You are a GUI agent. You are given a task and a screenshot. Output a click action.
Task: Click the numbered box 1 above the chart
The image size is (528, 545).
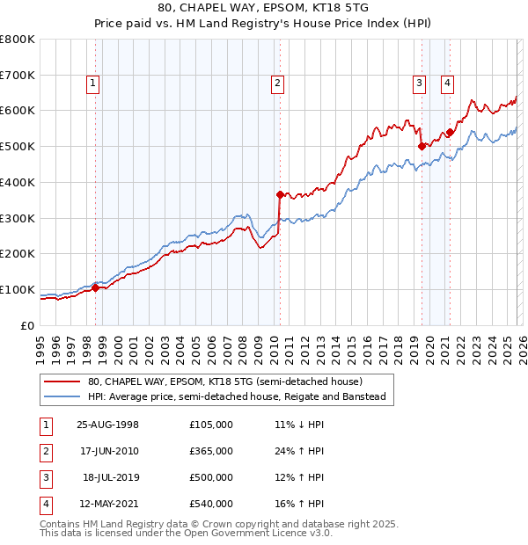click(93, 84)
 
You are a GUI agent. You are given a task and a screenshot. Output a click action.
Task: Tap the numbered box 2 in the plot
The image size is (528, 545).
click(277, 84)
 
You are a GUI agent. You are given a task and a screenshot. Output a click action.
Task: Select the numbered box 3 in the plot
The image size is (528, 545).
click(419, 84)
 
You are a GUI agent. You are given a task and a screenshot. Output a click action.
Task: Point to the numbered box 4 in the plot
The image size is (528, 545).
click(447, 84)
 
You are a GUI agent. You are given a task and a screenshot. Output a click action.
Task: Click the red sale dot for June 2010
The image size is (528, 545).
click(280, 194)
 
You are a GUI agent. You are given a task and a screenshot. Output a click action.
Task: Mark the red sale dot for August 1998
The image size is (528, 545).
click(96, 287)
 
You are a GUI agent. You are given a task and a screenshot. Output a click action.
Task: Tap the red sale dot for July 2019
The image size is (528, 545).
click(422, 146)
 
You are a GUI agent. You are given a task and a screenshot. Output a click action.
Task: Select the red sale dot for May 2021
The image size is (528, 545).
click(450, 132)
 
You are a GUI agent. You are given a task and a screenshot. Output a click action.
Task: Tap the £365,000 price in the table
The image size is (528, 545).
click(210, 451)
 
